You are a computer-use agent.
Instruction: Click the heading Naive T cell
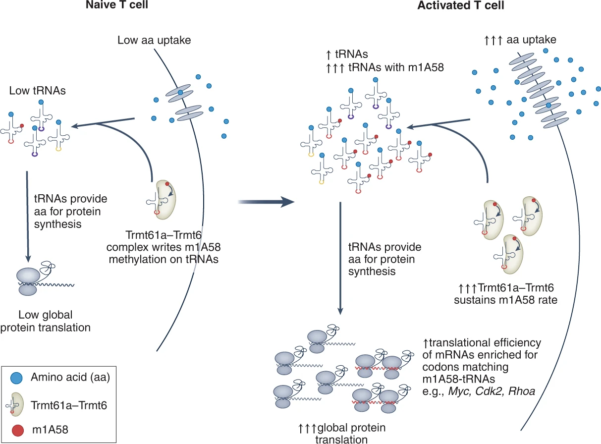117,5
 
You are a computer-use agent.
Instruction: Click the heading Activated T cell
461,5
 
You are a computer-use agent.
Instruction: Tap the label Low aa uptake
154,40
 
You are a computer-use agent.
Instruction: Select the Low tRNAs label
37,91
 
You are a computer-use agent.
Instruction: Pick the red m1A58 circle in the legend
18,430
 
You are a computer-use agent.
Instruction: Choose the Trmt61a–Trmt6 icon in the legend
15,404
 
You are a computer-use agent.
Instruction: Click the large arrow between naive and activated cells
266,202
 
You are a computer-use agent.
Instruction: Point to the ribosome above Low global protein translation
28,281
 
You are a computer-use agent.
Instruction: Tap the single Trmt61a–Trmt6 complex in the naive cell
162,199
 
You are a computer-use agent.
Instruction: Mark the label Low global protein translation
45,321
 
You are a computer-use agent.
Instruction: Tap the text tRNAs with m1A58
396,67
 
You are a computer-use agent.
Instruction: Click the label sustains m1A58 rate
505,300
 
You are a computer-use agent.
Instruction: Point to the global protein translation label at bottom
342,434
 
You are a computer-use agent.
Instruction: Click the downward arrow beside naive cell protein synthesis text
27,217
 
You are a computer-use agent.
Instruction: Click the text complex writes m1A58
164,247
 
